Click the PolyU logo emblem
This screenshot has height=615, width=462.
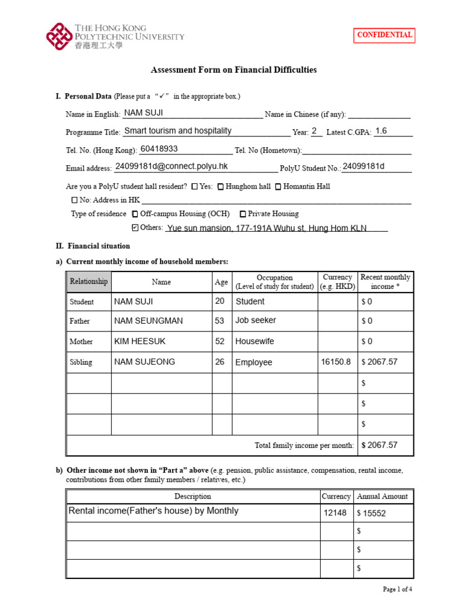(x=58, y=36)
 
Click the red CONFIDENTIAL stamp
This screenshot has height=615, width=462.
(x=384, y=35)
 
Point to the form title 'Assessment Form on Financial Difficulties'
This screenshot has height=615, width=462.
(x=233, y=70)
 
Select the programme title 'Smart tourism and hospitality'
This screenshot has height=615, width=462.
(x=177, y=131)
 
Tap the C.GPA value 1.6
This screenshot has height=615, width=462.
(x=381, y=130)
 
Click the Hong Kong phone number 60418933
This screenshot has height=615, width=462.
(x=159, y=149)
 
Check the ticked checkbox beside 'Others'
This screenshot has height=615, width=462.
(x=134, y=228)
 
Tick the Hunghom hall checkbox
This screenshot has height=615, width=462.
(x=221, y=187)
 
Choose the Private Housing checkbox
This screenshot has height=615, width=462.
(x=243, y=214)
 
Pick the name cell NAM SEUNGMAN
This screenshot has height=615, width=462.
(x=149, y=321)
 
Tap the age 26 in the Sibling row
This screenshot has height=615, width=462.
(x=220, y=362)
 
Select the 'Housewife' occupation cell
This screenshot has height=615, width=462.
(x=254, y=341)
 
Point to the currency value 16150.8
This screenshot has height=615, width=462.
(x=336, y=362)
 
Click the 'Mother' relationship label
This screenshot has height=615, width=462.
(x=81, y=342)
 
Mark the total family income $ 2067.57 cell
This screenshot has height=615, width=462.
(x=380, y=445)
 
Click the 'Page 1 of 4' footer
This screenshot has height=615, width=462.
(x=397, y=589)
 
